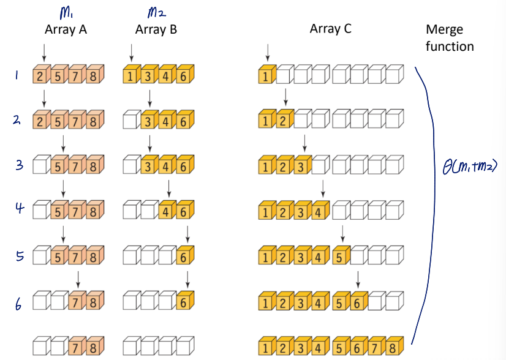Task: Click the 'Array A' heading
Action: click(66, 29)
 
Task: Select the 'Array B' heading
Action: click(156, 29)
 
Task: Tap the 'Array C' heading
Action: click(330, 29)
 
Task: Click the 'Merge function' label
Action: click(450, 37)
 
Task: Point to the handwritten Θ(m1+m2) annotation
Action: click(469, 165)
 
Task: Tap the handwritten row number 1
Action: click(17, 75)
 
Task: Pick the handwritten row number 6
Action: click(18, 302)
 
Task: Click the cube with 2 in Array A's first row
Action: click(40, 77)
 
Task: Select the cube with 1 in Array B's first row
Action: click(130, 77)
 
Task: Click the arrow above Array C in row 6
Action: click(357, 279)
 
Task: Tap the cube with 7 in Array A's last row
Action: click(77, 347)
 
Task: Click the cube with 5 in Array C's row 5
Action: click(341, 257)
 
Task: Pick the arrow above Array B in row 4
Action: click(168, 190)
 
